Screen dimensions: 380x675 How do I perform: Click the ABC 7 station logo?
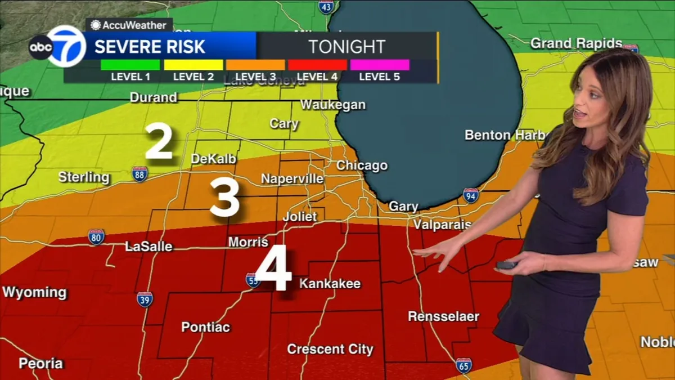coord(58,47)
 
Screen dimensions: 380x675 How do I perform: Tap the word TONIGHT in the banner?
coord(346,47)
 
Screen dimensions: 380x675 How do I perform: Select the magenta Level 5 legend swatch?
coord(379,65)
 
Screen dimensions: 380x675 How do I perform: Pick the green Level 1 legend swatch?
coord(130,65)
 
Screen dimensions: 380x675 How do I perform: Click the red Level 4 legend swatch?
coord(317,65)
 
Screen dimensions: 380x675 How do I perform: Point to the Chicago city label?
coord(362,166)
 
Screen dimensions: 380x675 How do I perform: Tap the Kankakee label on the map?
coord(330,284)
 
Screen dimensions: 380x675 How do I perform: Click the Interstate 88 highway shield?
coord(140,174)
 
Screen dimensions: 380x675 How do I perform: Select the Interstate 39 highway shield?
coord(145,299)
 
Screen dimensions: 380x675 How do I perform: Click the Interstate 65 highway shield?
coord(463,365)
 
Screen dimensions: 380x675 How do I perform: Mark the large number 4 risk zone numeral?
coord(273,268)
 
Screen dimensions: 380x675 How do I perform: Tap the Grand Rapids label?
coord(576,43)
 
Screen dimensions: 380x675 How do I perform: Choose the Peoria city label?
coord(40,364)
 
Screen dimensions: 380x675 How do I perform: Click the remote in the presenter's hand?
coord(506,265)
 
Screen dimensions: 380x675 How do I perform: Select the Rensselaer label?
coord(443,316)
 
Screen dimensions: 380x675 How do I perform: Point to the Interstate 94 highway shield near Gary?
coord(471,195)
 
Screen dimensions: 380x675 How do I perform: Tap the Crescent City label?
coord(330,349)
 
